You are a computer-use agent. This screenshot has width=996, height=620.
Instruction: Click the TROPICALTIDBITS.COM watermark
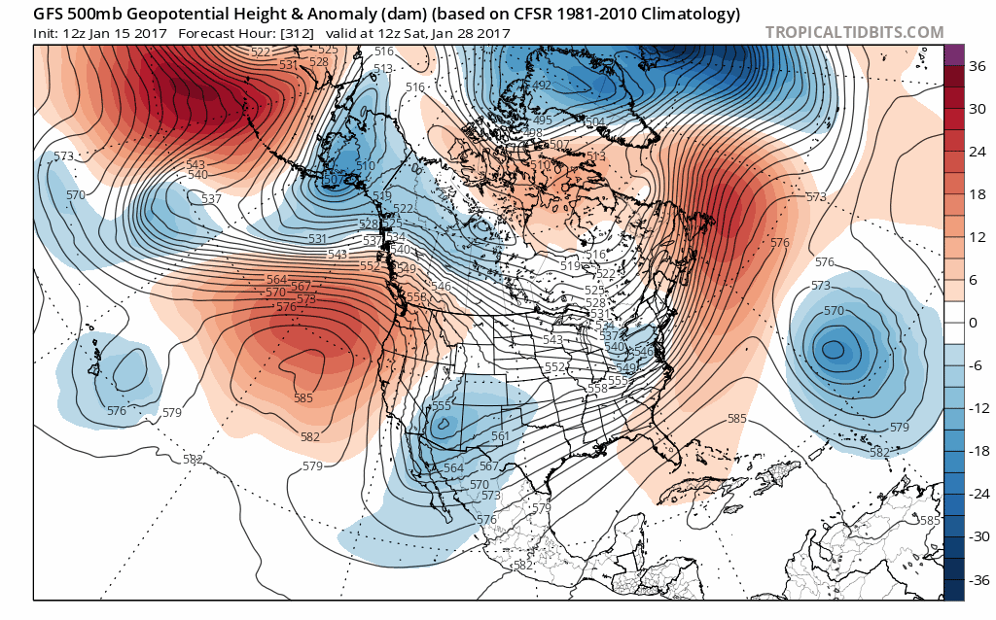854,32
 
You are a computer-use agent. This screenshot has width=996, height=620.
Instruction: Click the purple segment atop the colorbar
953,54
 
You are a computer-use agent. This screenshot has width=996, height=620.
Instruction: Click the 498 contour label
532,133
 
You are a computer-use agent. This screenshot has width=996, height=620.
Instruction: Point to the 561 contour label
500,436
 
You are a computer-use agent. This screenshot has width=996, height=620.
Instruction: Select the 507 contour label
559,145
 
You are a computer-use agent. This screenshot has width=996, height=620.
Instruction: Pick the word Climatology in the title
691,14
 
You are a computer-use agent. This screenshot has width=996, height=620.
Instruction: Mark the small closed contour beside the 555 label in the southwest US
445,423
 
